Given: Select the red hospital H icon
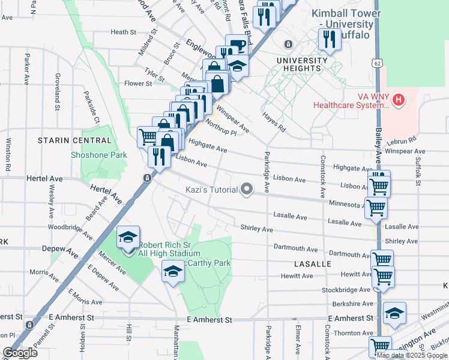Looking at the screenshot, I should click(398, 100).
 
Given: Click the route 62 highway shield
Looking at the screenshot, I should click(376, 62).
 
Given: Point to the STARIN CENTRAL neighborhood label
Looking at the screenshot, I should click(74, 140).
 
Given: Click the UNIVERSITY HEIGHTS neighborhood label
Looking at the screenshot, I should click(302, 64).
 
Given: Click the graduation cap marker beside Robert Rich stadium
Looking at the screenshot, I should click(128, 238).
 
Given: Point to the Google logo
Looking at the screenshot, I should click(20, 353).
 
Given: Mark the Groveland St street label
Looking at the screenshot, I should click(58, 91).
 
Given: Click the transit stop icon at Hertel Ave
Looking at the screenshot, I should click(146, 178).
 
